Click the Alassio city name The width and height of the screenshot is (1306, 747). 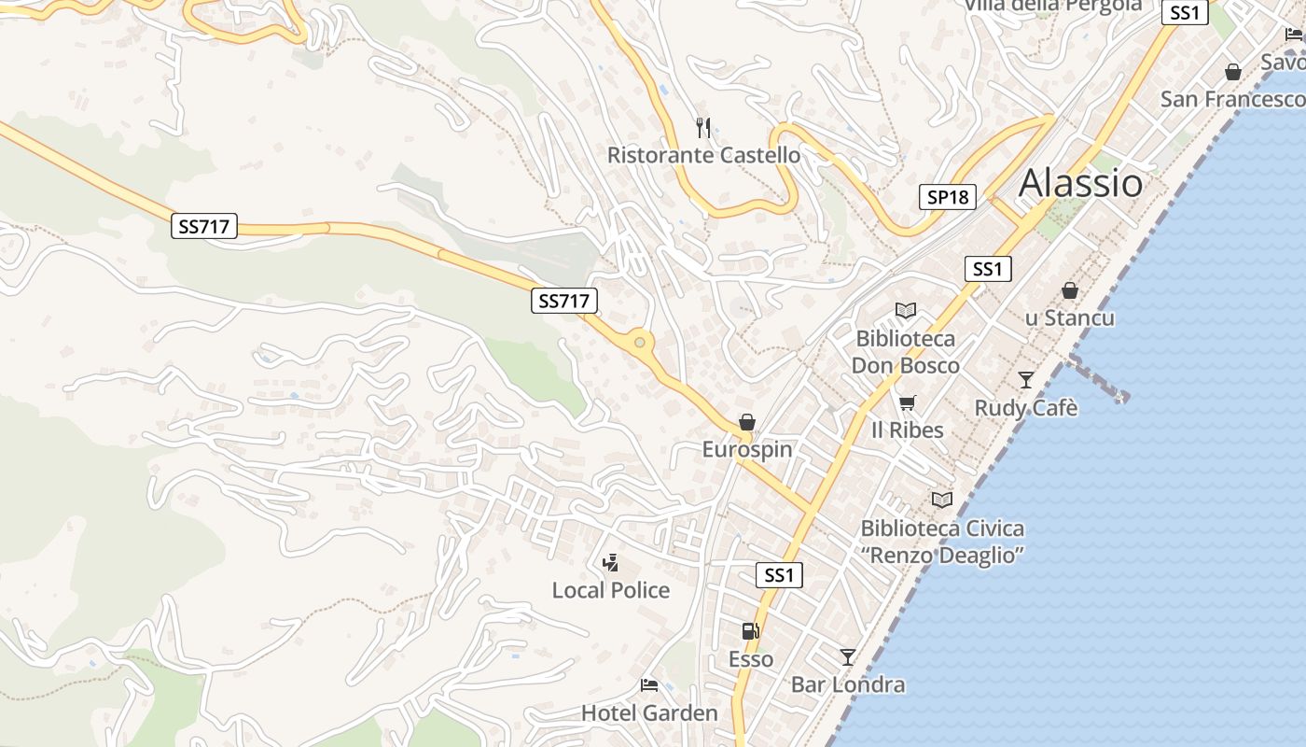pos(1080,183)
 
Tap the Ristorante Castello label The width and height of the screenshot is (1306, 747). pos(703,155)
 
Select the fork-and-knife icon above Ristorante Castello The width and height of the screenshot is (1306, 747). pos(703,127)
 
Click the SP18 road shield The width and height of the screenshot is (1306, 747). pos(948,197)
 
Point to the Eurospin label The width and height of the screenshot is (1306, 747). pos(747,449)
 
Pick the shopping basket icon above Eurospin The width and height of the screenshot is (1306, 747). pos(746,422)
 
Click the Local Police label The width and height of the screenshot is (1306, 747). pos(611,590)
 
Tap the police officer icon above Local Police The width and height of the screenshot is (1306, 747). pos(611,562)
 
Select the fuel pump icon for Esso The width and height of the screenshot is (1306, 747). pos(750,631)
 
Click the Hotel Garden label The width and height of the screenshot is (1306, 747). pos(649,713)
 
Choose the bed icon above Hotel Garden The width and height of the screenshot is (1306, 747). pos(649,686)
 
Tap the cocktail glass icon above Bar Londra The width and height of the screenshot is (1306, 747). pos(847,657)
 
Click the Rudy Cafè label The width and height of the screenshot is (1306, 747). pos(1026,408)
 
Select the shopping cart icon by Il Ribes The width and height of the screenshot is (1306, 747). pos(907,403)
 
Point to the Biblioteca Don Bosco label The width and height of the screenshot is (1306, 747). pos(905,351)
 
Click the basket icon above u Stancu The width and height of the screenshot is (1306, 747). pos(1070,291)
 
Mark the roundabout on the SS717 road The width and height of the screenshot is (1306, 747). pos(639,343)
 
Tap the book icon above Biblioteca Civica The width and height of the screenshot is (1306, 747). pos(942,500)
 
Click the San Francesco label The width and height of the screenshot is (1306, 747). pos(1231,99)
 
